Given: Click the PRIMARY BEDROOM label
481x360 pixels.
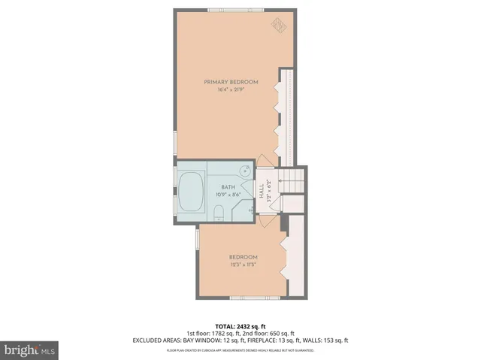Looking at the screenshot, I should (231, 81).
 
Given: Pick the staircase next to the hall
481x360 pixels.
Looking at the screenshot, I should (290, 180).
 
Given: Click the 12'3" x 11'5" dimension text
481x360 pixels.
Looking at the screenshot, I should (244, 264).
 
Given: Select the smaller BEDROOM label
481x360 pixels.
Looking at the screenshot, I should (244, 256).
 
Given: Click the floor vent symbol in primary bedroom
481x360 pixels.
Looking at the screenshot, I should (278, 26).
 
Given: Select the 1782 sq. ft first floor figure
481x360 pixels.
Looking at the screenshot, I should (225, 334).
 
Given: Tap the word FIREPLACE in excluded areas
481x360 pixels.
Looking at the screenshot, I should (259, 340).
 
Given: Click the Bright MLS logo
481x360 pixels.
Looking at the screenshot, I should (30, 350).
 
